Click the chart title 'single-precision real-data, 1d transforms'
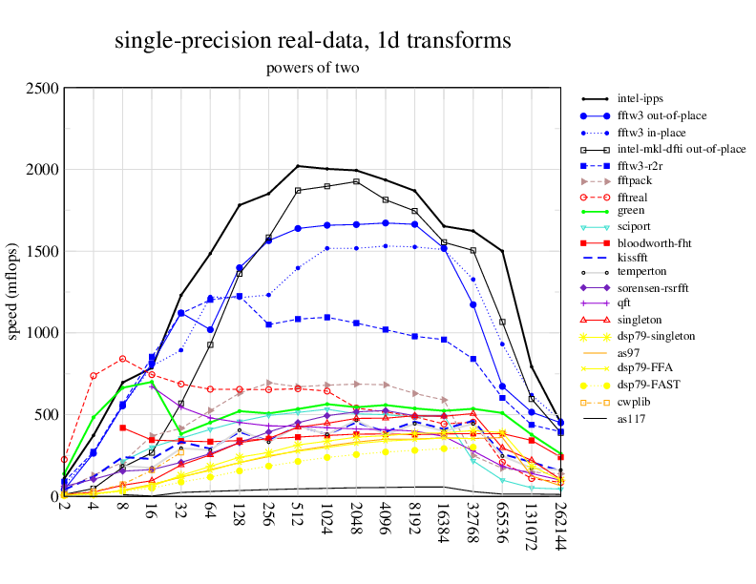312,41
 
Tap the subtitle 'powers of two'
312,69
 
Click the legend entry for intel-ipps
640,98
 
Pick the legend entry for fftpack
637,179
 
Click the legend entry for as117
631,416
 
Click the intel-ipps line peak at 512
298,166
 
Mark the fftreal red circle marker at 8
122,359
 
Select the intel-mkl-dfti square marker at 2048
356,181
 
